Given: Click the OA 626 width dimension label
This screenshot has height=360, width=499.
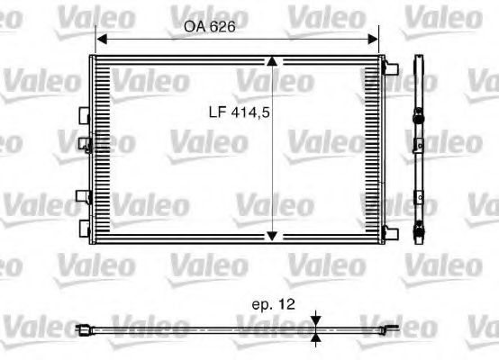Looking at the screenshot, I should (x=210, y=27).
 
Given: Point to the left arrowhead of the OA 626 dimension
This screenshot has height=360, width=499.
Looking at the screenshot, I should (x=101, y=40).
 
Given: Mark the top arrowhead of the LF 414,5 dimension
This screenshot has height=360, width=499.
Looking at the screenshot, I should (x=273, y=61).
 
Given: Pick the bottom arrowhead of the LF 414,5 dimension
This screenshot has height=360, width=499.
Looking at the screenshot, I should (x=273, y=236).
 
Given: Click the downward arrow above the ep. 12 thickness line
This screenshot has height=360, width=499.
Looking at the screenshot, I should (x=316, y=319).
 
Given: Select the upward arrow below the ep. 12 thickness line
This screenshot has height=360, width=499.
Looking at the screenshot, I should (x=316, y=339).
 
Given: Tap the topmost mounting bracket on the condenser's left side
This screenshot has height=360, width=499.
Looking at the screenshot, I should (x=85, y=115).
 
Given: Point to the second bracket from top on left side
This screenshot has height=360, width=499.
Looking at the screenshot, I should (x=85, y=142).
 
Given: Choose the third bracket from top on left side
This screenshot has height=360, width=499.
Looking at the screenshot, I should (x=85, y=197).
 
